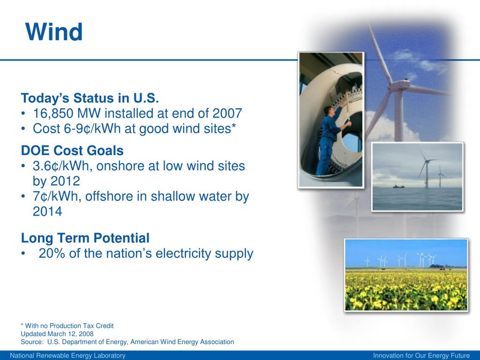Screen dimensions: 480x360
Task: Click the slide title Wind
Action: pos(54,32)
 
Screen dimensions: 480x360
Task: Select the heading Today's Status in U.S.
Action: pos(90,98)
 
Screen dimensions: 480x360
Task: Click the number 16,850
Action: pos(53,113)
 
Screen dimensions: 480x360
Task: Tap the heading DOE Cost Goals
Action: pos(72,150)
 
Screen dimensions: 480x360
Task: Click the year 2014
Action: pos(47,211)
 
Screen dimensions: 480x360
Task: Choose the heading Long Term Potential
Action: pos(85,238)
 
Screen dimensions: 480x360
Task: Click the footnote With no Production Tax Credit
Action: pos(69,326)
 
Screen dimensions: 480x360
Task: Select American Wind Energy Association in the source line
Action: pos(182,342)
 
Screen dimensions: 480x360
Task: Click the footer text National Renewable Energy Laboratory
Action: pos(67,355)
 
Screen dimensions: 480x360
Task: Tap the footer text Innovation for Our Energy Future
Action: pos(421,355)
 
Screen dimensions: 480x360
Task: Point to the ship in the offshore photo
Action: pos(398,185)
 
